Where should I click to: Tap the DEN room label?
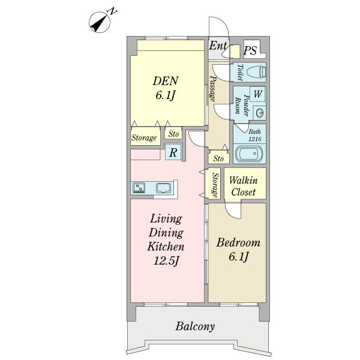166,81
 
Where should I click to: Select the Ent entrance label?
218,46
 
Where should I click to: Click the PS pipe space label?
250,50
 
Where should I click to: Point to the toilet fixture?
256,72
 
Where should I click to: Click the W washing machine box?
257,94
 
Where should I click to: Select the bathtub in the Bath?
250,154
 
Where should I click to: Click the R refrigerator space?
173,152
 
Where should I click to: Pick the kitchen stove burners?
139,188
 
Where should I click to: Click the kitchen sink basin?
164,188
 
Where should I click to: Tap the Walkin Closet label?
244,186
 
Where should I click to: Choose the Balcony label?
195,326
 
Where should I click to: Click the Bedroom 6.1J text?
238,250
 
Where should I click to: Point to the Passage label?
213,89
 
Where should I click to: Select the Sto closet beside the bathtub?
218,158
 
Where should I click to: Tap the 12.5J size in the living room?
166,260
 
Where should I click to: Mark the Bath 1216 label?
254,135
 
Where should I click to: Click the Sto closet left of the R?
173,134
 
